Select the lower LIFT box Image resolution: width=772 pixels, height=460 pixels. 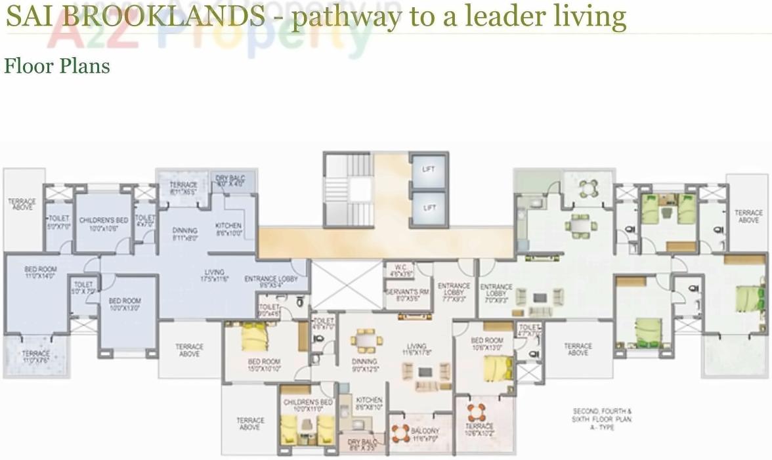428,209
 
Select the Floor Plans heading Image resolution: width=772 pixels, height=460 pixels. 57,66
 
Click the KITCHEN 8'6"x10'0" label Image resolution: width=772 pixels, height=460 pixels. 228,229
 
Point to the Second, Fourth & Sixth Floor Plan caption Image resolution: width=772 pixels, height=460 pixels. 602,419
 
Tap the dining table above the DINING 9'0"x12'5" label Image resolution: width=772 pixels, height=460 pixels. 365,340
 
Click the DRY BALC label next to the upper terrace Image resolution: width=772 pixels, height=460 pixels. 230,182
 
